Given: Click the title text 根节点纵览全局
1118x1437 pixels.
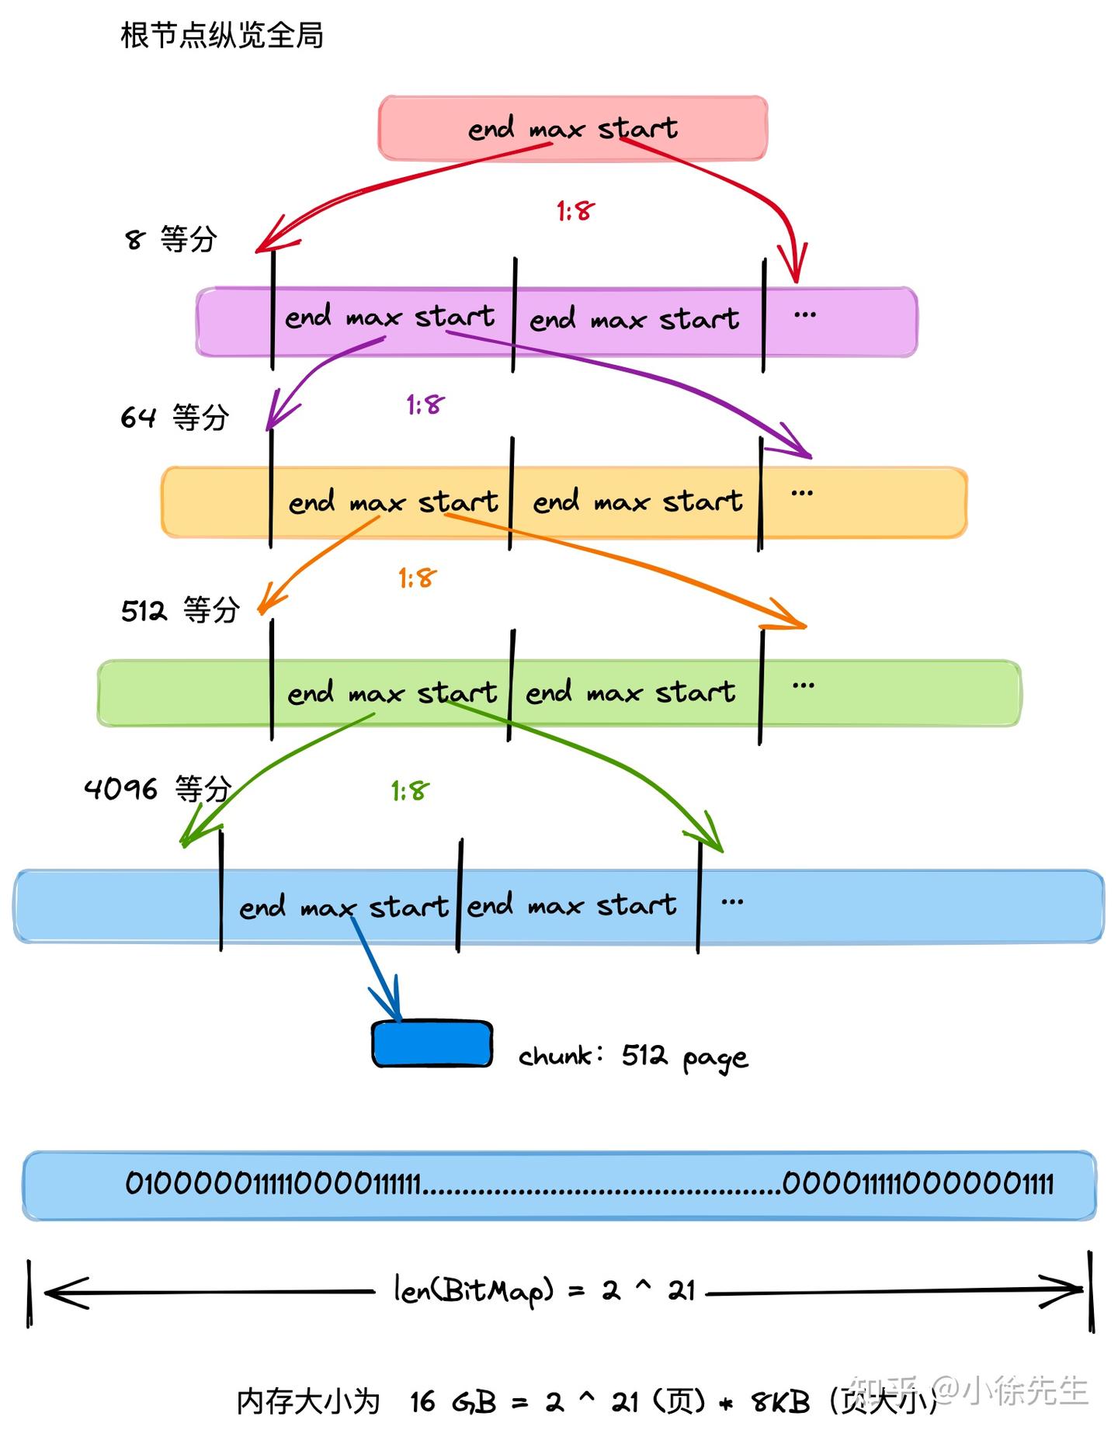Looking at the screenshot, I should point(221,36).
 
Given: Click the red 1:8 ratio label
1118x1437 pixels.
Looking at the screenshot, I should point(575,210).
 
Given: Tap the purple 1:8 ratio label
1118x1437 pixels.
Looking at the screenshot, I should point(425,404).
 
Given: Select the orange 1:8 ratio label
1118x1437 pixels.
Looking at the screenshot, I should point(417,578).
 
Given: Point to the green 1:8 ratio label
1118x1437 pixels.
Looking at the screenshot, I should point(410,791).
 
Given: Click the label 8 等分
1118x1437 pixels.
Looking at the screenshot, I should point(171,239).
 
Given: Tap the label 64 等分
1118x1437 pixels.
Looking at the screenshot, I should point(175,418).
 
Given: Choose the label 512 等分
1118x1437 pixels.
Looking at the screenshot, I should point(180,610).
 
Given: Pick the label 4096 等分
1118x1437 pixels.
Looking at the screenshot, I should point(158,789).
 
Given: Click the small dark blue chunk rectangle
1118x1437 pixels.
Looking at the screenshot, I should point(432,1043).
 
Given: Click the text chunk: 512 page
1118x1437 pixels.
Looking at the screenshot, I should point(633,1057).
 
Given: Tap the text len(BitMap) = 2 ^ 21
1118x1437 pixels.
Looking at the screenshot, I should point(543,1290).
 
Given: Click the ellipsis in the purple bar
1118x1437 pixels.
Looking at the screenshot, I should point(805,315).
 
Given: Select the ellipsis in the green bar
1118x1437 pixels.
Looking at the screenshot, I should point(803,686).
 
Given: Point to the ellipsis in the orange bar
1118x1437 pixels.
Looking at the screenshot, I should point(802,493).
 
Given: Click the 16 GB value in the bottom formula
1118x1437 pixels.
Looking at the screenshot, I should point(453,1402).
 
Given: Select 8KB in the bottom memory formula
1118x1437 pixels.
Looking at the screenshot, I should point(780,1402).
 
